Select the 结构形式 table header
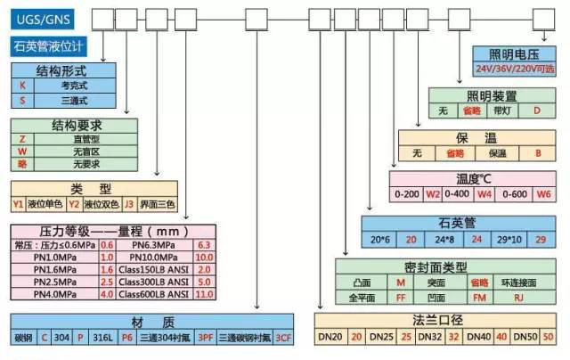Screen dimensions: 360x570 pyautogui.click(x=61, y=70)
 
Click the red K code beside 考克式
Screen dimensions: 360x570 pyautogui.click(x=22, y=85)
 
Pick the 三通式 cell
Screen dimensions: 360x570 pyautogui.click(x=75, y=100)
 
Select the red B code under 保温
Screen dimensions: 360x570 pyautogui.click(x=537, y=152)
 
